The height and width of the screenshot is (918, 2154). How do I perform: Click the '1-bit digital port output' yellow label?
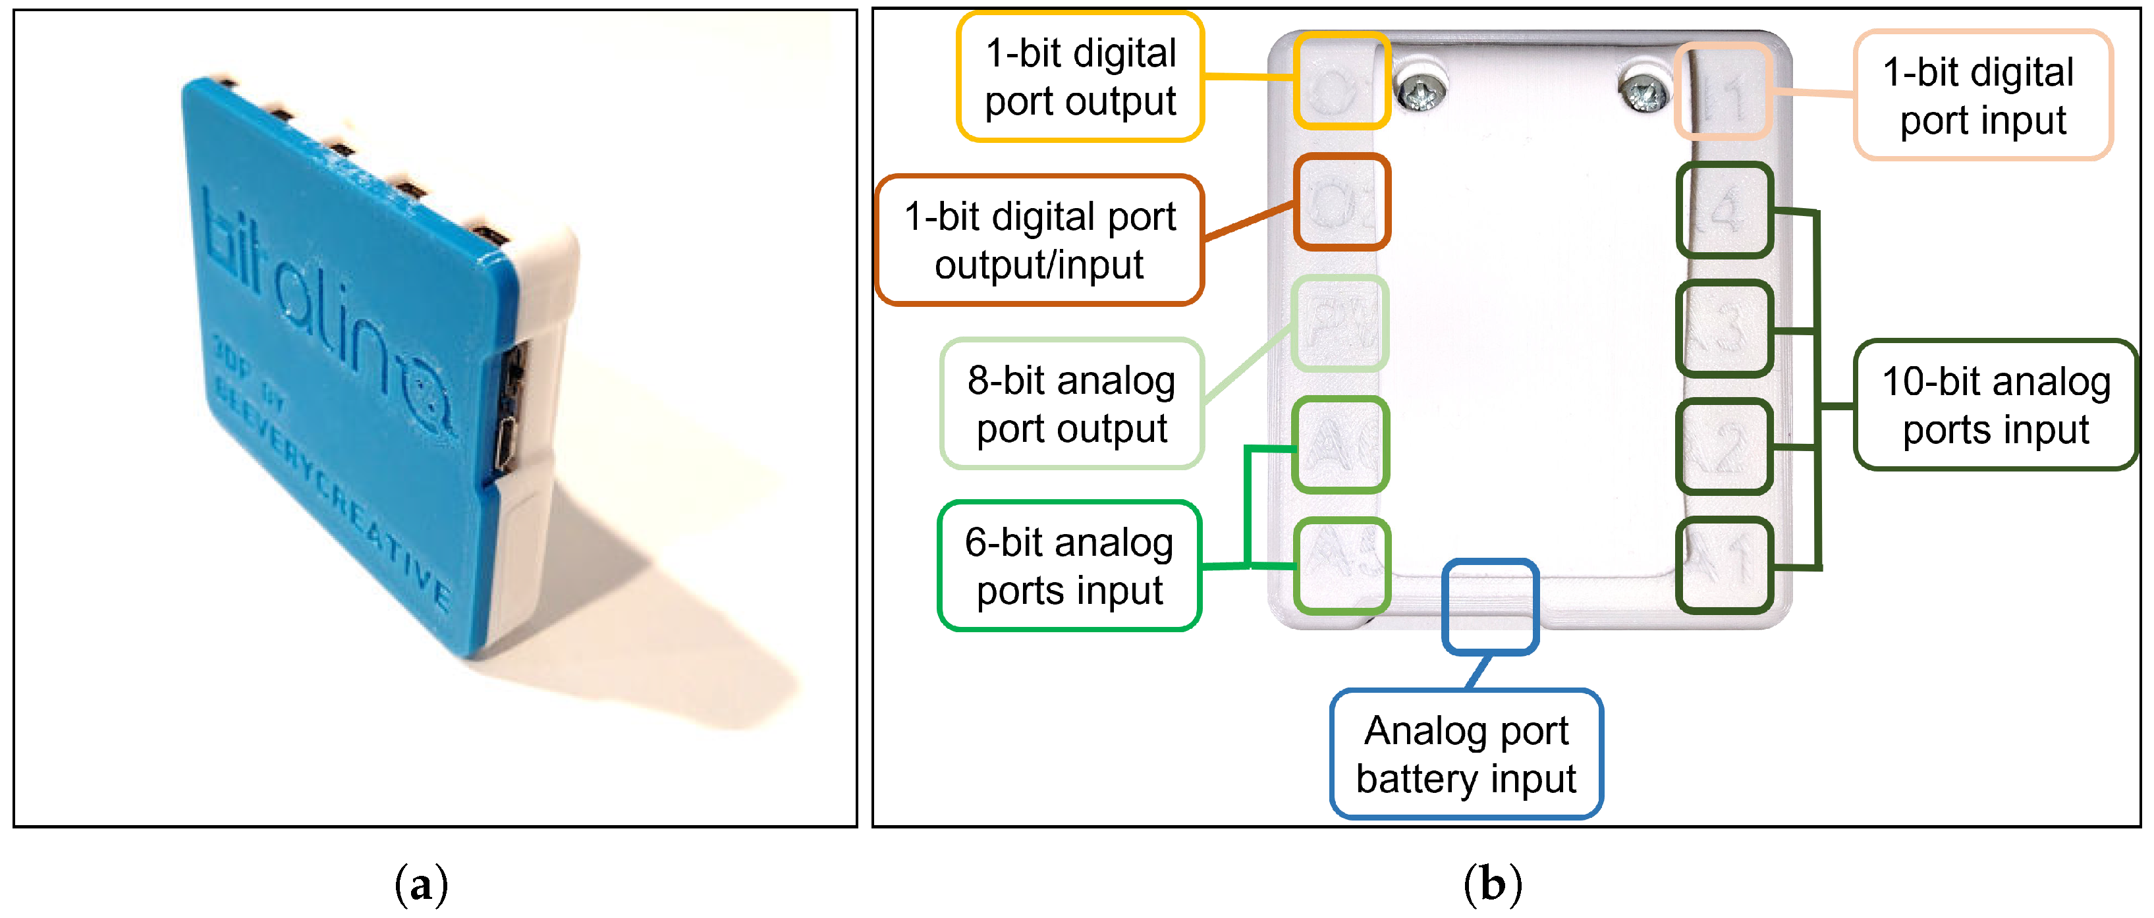pos(1080,77)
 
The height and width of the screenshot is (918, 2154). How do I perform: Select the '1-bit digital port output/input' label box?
pos(1039,240)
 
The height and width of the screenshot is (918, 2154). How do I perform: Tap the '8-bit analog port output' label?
pos(1071,404)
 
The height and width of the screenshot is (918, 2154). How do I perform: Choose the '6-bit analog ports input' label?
pos(1070,566)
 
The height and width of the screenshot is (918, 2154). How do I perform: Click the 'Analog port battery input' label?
pos(1466,753)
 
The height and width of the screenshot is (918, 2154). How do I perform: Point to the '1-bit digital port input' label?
pos(1983,95)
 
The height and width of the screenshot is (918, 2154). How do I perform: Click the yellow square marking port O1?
pos(1342,81)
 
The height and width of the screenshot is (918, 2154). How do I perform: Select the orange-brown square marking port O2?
pos(1342,202)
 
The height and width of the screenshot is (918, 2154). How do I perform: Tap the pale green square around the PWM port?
pos(1340,323)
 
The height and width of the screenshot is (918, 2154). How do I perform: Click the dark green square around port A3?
pos(1725,329)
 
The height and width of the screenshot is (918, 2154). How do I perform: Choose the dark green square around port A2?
pos(1725,447)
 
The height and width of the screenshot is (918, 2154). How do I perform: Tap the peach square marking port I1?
pos(1723,90)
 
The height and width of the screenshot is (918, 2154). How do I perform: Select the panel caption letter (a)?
pos(421,884)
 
